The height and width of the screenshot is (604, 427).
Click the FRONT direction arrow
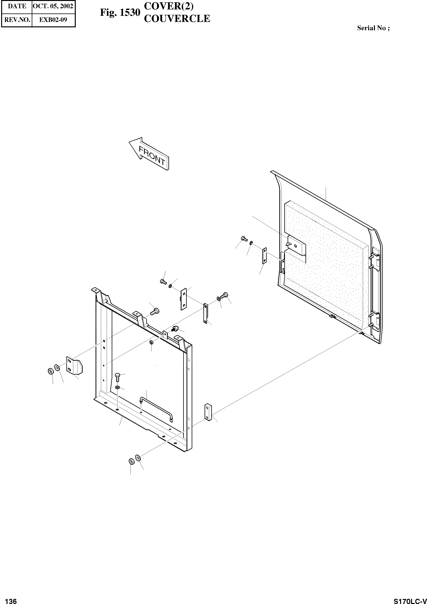tap(149, 154)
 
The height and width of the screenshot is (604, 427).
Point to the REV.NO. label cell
tap(17, 20)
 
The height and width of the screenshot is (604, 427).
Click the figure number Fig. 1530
tap(120, 13)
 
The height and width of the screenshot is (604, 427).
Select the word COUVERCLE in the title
tap(177, 19)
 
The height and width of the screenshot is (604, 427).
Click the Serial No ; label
tap(373, 28)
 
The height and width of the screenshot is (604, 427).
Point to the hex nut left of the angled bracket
tap(50, 371)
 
